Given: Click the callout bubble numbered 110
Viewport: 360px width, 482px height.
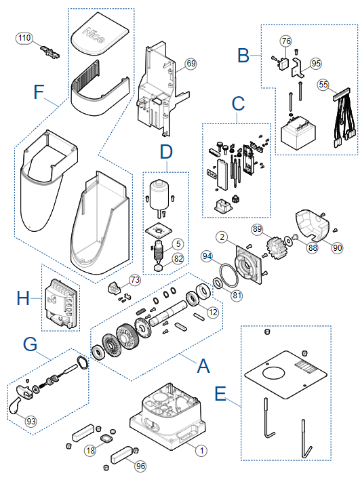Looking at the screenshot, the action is click(x=24, y=38).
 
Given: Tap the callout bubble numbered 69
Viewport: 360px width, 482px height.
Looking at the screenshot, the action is click(x=191, y=64).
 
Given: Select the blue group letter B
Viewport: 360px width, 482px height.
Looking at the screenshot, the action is click(x=244, y=56).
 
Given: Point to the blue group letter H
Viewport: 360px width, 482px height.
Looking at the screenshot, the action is click(x=23, y=298).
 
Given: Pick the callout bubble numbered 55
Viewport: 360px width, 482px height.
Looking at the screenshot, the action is click(x=323, y=85).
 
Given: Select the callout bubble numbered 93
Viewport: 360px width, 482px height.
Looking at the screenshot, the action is click(x=31, y=421).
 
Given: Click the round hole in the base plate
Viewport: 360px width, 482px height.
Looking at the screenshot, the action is click(x=274, y=373).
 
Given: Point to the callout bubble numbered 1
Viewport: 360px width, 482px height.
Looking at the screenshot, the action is click(x=201, y=451).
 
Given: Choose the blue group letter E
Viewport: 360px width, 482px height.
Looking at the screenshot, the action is click(x=220, y=393).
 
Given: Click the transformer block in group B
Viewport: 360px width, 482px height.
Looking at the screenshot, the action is click(x=298, y=134).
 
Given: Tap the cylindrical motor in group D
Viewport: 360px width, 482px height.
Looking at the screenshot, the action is click(x=159, y=195).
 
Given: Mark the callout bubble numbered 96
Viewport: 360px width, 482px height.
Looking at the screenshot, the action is click(x=140, y=466).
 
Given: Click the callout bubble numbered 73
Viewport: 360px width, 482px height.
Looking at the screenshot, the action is click(x=135, y=280).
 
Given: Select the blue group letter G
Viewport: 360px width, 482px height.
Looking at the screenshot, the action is click(x=30, y=344).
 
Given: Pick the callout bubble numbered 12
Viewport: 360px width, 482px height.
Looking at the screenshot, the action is click(x=213, y=313).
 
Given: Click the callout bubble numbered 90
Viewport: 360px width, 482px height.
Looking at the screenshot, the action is click(x=337, y=247).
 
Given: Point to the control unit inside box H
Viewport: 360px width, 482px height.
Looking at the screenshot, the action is click(x=60, y=304).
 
